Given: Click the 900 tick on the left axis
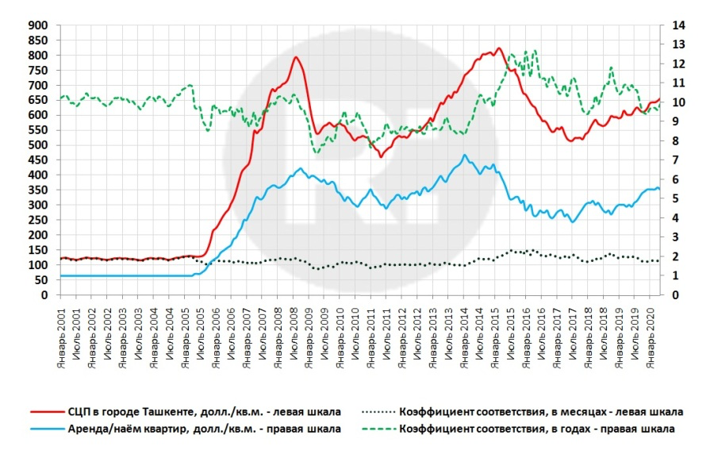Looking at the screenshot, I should pos(39,25).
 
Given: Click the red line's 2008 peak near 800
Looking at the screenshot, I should pos(296,57).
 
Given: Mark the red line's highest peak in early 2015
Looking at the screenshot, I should pos(498,48).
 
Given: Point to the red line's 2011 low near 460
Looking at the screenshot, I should pos(381,156).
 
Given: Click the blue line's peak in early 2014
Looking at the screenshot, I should pos(464,156).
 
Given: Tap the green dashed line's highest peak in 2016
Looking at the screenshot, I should pos(535,51).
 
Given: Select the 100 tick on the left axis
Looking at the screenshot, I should pos(39,265).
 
